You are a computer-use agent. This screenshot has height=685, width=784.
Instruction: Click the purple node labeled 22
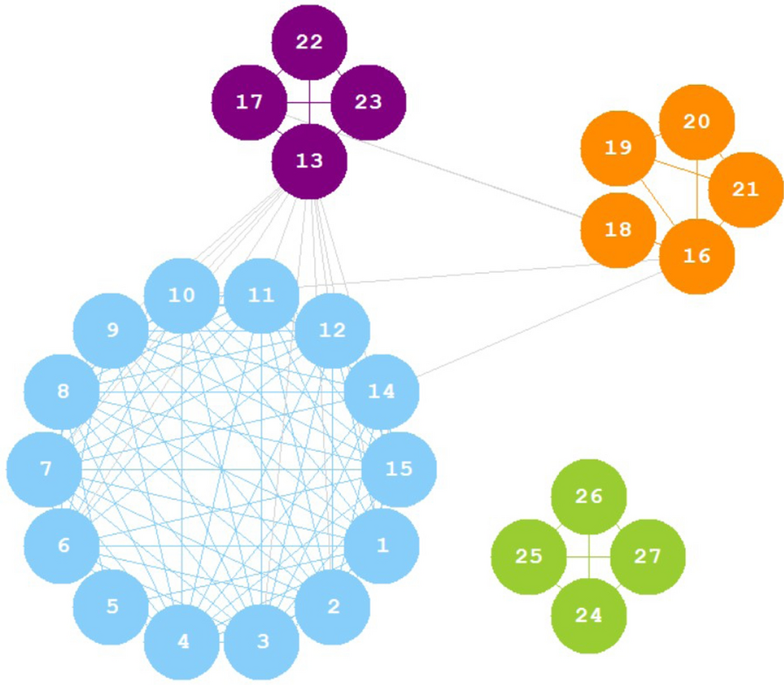(x=309, y=43)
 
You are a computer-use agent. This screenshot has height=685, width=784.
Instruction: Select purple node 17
(x=249, y=103)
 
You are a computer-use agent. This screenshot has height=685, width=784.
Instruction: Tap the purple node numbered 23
(x=369, y=103)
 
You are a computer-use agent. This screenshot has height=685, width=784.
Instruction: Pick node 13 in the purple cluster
(x=309, y=161)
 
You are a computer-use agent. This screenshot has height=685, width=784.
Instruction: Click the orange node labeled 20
(x=697, y=122)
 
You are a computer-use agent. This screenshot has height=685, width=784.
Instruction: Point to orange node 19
(x=618, y=148)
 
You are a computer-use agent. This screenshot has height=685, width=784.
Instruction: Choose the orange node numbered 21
(x=746, y=189)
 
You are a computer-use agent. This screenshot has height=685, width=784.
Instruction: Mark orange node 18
(x=618, y=229)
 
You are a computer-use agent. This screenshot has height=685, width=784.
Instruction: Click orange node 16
(x=697, y=256)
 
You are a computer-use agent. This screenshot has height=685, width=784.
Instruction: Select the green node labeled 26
(x=589, y=496)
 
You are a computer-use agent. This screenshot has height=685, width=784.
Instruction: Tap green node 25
(x=529, y=556)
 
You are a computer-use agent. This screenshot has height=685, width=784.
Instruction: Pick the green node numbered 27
(x=648, y=556)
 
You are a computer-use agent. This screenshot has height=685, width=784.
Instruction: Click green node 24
(x=589, y=615)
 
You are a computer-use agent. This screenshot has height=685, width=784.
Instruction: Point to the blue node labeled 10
(x=182, y=296)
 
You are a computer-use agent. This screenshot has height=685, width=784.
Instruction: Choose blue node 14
(x=381, y=392)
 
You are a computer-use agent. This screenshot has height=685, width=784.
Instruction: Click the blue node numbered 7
(x=45, y=469)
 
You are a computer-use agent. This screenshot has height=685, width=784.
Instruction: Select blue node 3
(x=262, y=642)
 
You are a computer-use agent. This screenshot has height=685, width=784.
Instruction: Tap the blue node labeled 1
(x=381, y=546)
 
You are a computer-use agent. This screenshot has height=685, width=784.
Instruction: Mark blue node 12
(x=333, y=330)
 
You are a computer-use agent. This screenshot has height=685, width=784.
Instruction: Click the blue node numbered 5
(x=112, y=606)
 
